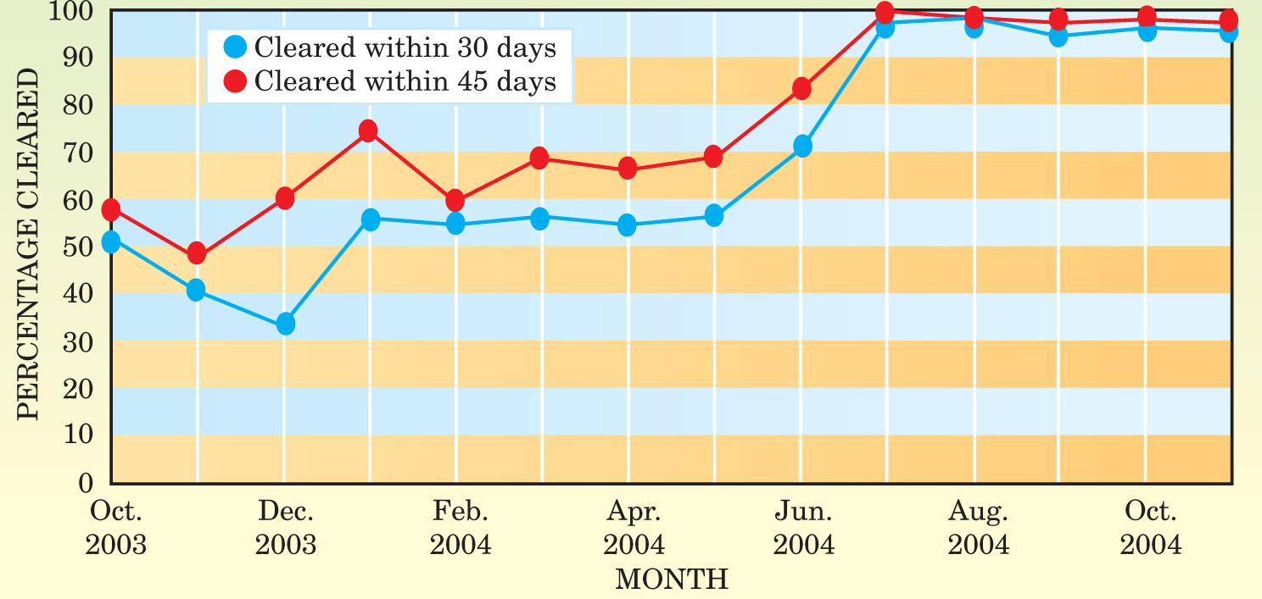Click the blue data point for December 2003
tap(286, 324)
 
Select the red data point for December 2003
tap(285, 199)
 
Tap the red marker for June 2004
tap(801, 88)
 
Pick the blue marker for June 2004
tap(801, 146)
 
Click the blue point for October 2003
tap(111, 242)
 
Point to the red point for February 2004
tap(455, 201)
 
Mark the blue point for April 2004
tap(628, 225)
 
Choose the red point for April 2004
tap(628, 169)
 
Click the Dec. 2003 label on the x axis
tap(286, 527)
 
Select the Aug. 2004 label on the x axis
tap(978, 527)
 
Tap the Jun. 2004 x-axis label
tap(803, 527)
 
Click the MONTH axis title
tap(671, 580)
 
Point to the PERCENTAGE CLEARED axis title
tap(29, 244)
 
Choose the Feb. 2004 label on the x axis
tap(461, 527)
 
